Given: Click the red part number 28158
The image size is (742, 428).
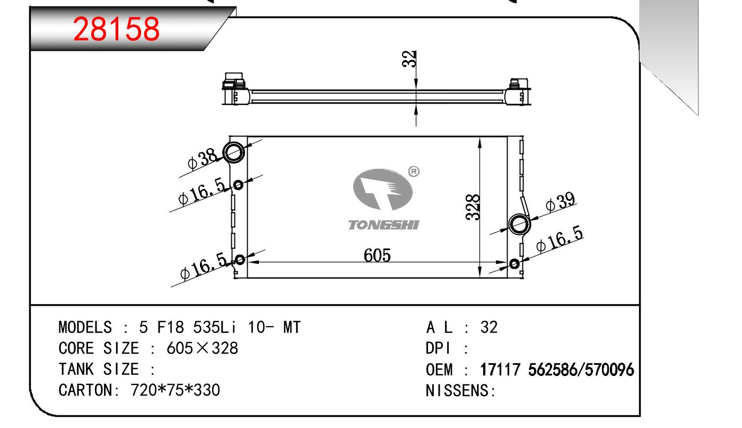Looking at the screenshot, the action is (x=116, y=29).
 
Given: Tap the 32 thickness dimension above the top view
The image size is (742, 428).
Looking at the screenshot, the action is (x=409, y=59).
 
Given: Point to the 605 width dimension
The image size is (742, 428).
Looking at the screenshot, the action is (x=377, y=255).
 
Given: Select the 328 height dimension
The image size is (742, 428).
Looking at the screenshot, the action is (x=473, y=207).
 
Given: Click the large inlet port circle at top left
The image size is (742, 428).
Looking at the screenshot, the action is (x=234, y=152).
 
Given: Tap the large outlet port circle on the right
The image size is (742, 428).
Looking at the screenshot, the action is (x=519, y=224).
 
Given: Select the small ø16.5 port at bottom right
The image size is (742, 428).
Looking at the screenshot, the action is (x=514, y=264).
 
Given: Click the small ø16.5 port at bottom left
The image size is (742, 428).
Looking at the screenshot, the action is (x=240, y=260).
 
